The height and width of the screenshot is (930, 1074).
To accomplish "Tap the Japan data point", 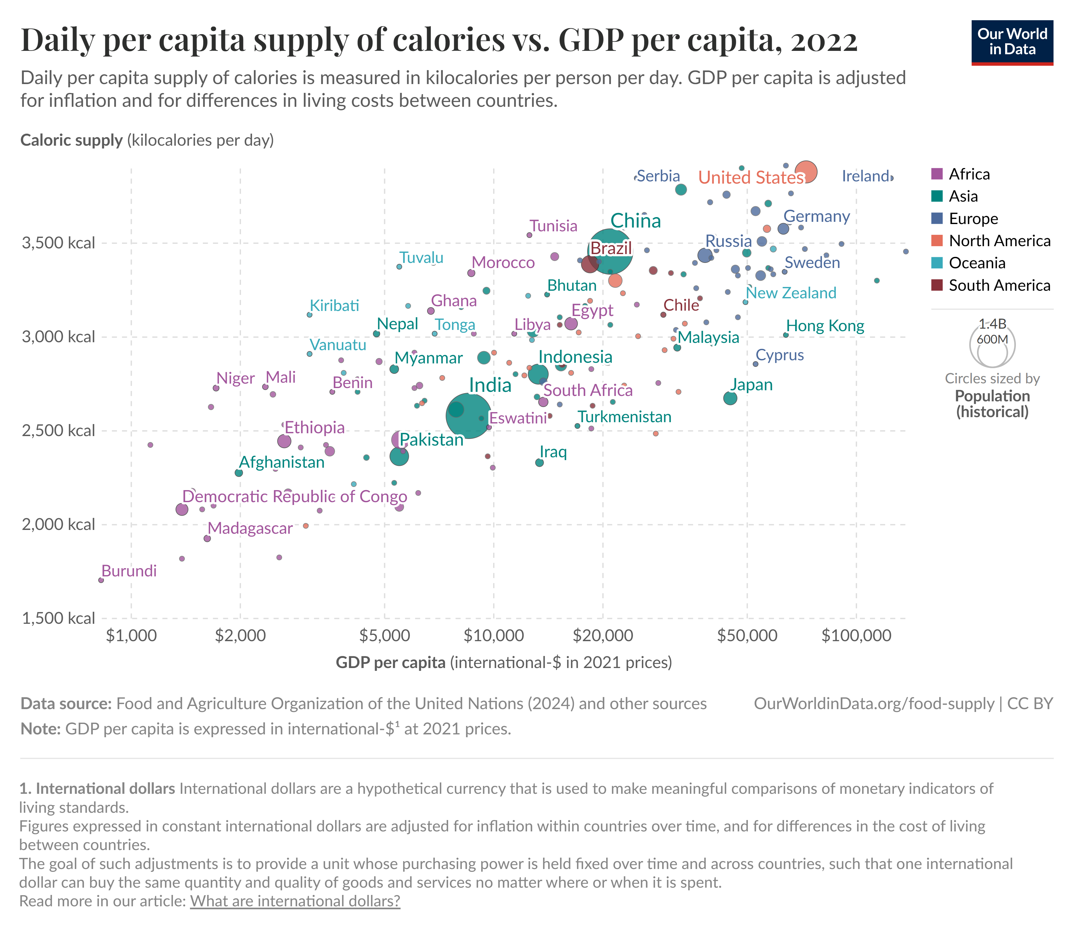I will coord(730,398).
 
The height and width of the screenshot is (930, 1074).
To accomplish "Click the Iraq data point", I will coord(540,462).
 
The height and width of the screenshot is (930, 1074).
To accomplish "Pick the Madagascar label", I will coord(250,528).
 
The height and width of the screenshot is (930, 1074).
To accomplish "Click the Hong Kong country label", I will coord(825,326).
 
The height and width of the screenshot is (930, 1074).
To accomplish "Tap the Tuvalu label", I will coord(421,258).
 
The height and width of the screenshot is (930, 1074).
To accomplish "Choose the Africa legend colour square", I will coord(937,174).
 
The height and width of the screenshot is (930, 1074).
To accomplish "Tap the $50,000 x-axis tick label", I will coord(747,635).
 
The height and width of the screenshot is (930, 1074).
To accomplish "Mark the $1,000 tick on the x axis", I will coord(131,635).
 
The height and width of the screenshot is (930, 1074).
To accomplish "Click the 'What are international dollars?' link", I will coord(295,901).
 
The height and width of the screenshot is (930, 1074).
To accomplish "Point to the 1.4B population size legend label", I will coord(992,324).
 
